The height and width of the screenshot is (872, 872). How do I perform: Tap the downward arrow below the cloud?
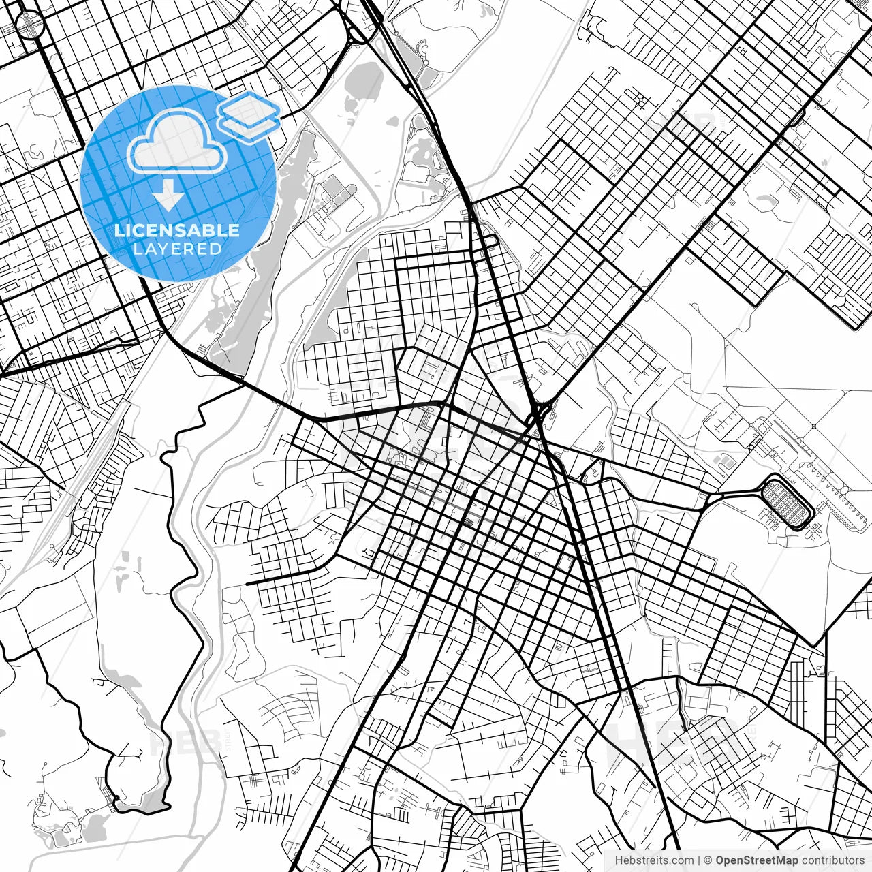[x=168, y=196]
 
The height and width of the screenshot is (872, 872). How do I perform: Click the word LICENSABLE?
[x=177, y=230]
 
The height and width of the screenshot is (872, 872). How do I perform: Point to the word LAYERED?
[x=177, y=249]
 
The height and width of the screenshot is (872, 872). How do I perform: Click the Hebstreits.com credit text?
[x=655, y=860]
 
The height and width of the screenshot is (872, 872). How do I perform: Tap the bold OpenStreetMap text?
[x=756, y=860]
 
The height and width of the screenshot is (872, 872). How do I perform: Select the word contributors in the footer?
[x=832, y=860]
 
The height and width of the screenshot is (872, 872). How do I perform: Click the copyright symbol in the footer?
[x=708, y=860]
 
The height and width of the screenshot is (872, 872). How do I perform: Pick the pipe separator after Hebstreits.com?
[x=700, y=860]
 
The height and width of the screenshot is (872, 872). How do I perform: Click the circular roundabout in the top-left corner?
[x=29, y=25]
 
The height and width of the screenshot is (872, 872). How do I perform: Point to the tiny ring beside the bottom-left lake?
[x=116, y=798]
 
